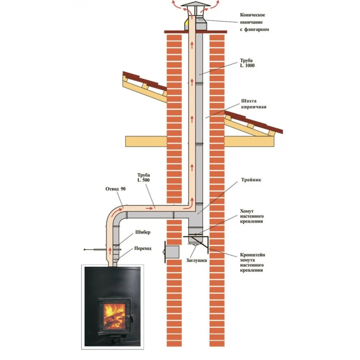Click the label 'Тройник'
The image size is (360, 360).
[x=251, y=180]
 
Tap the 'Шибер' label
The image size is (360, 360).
[x=143, y=232]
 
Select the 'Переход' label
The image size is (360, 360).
[x=143, y=248]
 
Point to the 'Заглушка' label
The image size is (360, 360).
[x=197, y=261]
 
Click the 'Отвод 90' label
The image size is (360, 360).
[x=116, y=189]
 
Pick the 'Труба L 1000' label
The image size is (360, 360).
[x=247, y=63]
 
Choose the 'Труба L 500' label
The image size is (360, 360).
[x=144, y=177]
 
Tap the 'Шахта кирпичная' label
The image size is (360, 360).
[x=254, y=104]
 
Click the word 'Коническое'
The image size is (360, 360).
[x=252, y=15]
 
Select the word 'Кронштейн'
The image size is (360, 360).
[x=252, y=255]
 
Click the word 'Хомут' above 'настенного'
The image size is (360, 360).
[x=247, y=211]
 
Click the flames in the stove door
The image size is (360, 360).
[x=114, y=315]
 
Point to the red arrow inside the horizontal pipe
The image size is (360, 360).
[x=149, y=208]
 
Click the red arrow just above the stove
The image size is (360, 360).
[x=110, y=251]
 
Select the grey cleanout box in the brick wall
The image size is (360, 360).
[x=172, y=252]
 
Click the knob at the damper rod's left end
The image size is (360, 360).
[x=85, y=249]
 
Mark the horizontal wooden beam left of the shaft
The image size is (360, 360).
[x=146, y=141]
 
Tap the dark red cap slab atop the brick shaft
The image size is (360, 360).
[x=196, y=32]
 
